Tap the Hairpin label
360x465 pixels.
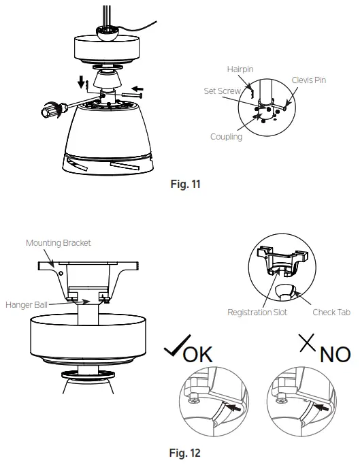click(241, 69)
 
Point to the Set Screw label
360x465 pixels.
click(223, 91)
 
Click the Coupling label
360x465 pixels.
click(226, 137)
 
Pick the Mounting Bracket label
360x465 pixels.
click(59, 242)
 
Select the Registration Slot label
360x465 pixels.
click(257, 312)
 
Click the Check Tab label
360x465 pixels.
click(331, 312)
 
